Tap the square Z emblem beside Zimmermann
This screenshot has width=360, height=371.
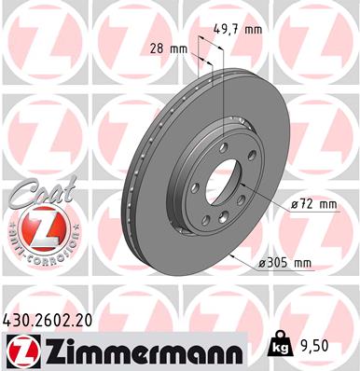click(21, 350)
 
